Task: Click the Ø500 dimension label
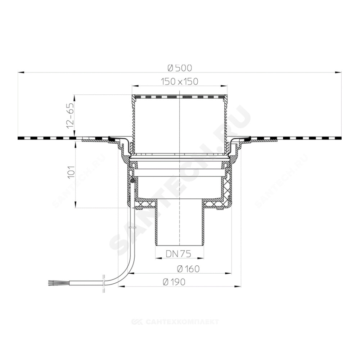(x=180, y=68)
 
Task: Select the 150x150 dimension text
(x=180, y=81)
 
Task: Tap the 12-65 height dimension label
(x=71, y=116)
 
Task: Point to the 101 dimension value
(x=72, y=172)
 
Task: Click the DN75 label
(x=179, y=254)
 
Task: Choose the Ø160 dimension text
(x=188, y=269)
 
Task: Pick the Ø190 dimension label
(x=174, y=282)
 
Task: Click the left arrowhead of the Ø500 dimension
(x=21, y=73)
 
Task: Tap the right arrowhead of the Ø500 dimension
(x=338, y=73)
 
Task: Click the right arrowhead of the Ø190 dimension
(x=238, y=286)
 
